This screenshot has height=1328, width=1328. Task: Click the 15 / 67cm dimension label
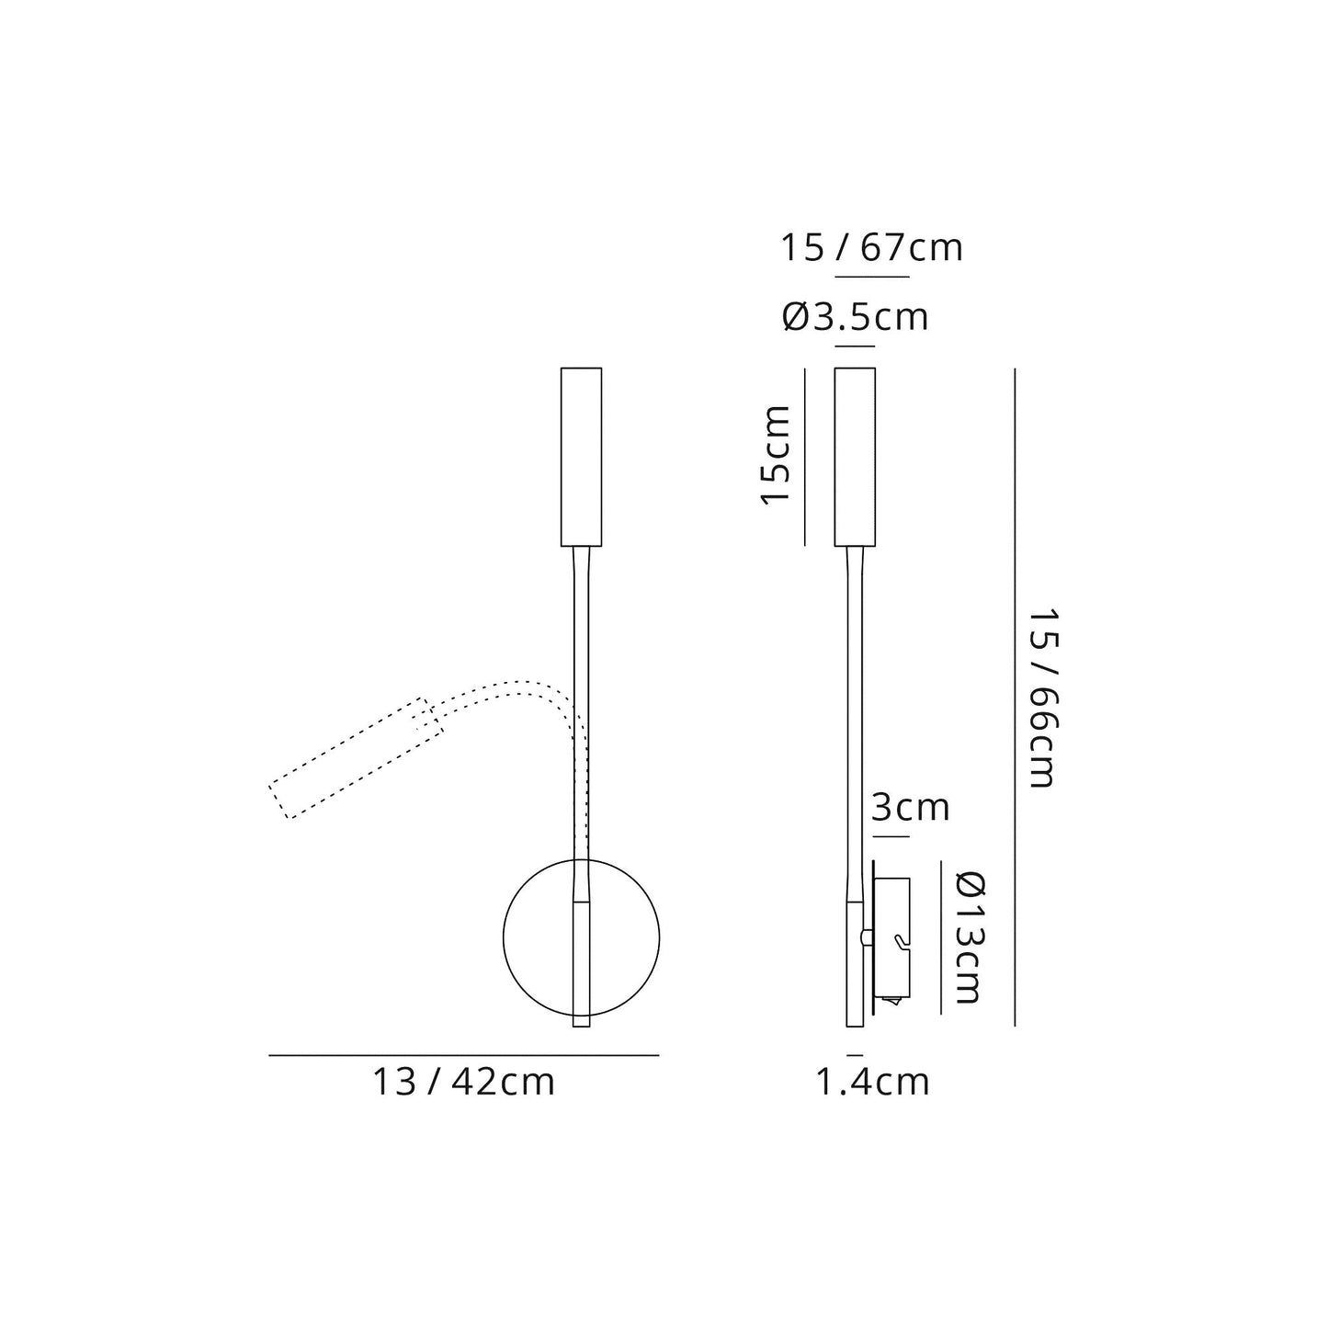(871, 248)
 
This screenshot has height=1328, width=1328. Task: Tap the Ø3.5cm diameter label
(855, 317)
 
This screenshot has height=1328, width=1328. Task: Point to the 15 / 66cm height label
(1041, 696)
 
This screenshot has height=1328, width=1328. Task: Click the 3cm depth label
(909, 808)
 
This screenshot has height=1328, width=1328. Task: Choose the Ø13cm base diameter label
(968, 937)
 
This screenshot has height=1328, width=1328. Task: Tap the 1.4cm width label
(872, 1082)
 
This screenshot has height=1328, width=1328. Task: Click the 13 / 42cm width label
(463, 1082)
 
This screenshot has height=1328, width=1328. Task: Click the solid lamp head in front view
(581, 457)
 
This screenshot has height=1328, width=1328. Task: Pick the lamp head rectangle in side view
(855, 457)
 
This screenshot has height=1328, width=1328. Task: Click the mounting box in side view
(891, 937)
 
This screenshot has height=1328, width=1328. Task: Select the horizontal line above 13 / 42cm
(463, 1056)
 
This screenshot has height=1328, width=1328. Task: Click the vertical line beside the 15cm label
(805, 457)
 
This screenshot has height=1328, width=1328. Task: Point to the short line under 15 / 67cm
(871, 277)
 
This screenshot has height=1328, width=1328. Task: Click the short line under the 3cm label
(890, 836)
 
